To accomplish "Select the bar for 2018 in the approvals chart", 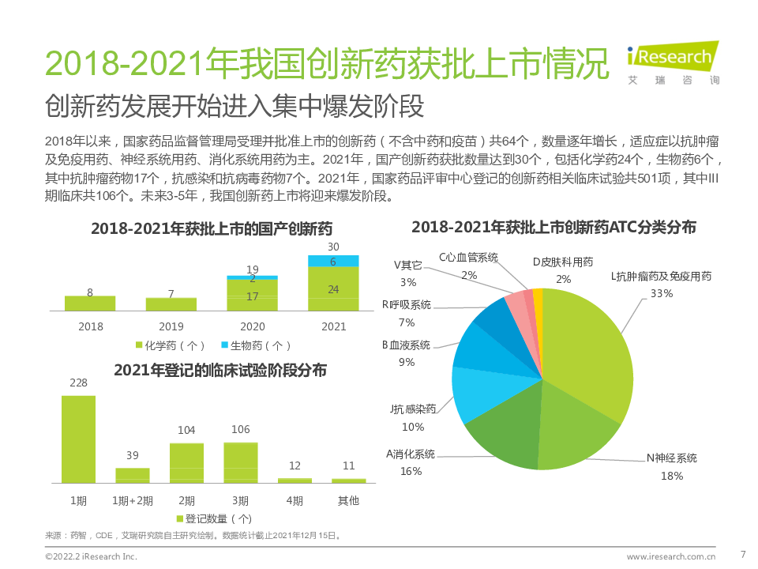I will click(90, 303).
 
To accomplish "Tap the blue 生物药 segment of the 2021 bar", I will click(333, 262).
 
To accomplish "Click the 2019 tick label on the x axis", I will click(171, 326).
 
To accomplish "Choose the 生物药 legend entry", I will click(256, 345).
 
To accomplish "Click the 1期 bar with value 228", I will click(79, 439).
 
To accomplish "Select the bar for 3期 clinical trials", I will click(241, 462).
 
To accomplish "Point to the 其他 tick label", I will click(348, 500).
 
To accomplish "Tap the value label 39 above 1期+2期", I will click(133, 455).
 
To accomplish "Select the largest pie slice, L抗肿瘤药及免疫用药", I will click(588, 356).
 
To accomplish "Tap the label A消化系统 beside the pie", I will click(411, 454).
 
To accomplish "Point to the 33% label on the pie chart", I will click(661, 294).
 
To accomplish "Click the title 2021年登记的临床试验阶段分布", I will click(220, 370).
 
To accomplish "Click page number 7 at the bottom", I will click(742, 553).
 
